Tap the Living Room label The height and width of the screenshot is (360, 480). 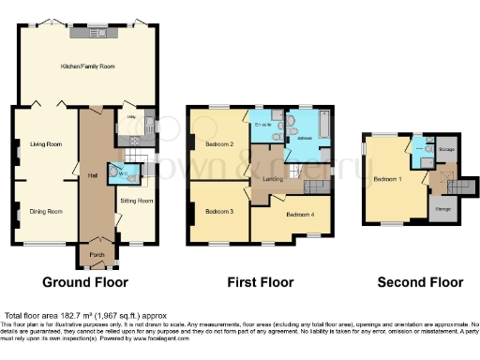(x=46, y=144)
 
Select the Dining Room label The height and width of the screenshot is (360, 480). (x=46, y=212)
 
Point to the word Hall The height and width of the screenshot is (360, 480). (x=95, y=174)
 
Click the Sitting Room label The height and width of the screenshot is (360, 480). (x=137, y=201)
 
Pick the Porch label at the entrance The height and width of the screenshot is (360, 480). (x=96, y=253)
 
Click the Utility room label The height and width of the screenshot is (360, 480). (x=132, y=118)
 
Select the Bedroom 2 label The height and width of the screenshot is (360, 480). (x=218, y=144)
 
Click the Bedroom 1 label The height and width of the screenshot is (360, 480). (x=386, y=178)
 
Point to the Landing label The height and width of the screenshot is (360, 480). (x=273, y=179)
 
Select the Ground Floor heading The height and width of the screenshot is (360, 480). (x=85, y=281)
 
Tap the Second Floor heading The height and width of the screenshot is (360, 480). (x=419, y=281)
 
